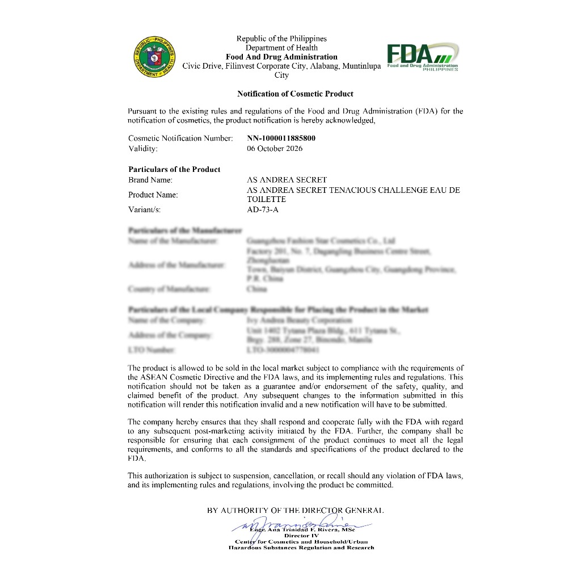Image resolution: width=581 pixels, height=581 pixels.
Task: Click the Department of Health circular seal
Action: (155, 57)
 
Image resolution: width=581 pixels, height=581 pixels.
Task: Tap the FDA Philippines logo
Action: (423, 57)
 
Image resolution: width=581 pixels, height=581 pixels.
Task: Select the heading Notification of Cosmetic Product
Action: (295, 94)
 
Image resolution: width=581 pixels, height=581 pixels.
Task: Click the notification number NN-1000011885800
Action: (281, 138)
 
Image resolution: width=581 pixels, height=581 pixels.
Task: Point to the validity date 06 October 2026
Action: (275, 149)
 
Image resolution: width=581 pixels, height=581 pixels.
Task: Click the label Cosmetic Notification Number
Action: (180, 138)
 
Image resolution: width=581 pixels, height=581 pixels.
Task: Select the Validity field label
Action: (143, 149)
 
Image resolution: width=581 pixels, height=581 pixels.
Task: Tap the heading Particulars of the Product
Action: (174, 169)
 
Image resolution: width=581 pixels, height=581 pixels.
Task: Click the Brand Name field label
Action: (150, 180)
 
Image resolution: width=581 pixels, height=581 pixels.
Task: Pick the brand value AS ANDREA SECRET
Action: (287, 180)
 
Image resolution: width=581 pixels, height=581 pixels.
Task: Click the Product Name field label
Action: (153, 195)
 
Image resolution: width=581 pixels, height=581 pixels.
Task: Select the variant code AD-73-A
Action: (263, 210)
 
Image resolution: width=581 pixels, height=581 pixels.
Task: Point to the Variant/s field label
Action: (145, 210)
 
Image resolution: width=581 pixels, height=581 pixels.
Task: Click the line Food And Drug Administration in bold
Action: (281, 57)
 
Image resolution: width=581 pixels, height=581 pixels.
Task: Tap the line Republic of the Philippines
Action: (281, 39)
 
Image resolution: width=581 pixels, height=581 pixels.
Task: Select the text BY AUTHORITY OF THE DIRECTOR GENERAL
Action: (296, 510)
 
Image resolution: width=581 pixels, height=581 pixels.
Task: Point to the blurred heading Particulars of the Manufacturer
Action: (185, 231)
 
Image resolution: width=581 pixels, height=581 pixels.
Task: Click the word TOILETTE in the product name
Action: (266, 200)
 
